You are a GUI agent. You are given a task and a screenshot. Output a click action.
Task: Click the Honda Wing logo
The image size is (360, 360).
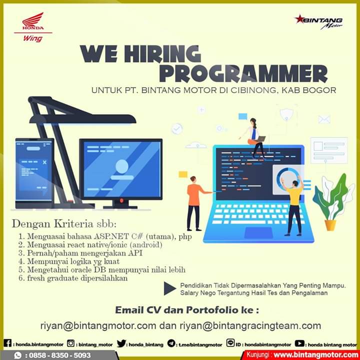click(33, 27)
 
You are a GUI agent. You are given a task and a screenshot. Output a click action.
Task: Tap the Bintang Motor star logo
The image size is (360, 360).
click(318, 22)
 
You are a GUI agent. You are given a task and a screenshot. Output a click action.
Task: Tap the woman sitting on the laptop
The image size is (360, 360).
click(254, 138)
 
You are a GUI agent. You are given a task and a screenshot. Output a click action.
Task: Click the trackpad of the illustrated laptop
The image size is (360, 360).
click(258, 233)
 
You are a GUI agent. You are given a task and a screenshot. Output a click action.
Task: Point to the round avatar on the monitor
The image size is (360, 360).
click(122, 166)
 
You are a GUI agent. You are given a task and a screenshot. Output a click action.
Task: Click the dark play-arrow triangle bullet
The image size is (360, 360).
click(169, 288)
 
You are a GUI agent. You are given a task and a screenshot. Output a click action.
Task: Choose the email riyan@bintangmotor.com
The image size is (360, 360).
click(98, 325)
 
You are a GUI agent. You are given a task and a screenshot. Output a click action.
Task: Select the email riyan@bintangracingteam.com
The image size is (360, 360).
click(250, 325)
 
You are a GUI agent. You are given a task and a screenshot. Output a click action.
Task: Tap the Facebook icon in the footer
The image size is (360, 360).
click(7, 343)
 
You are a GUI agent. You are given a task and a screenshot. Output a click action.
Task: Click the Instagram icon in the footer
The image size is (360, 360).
click(70, 343)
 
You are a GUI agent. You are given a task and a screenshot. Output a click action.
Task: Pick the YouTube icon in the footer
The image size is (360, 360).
click(299, 343)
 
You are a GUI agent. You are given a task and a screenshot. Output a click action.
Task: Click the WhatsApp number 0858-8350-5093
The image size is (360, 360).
click(60, 355)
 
